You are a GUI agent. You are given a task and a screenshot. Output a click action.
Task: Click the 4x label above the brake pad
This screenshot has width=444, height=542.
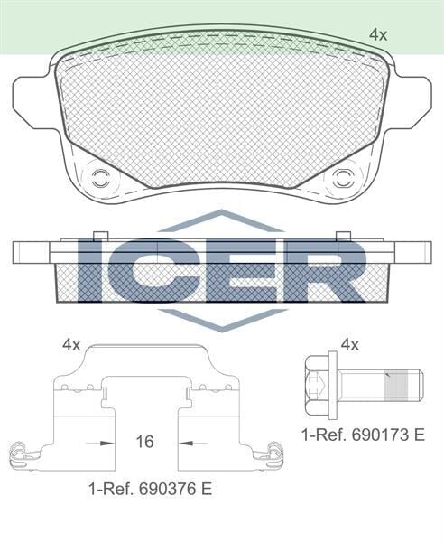click(x=378, y=34)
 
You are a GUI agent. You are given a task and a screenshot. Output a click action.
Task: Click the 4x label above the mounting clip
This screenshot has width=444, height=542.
click(x=71, y=344)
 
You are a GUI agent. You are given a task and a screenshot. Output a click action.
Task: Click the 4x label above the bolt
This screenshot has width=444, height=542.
click(x=351, y=344)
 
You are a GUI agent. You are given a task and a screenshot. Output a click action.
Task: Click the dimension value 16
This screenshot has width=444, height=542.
click(x=143, y=442)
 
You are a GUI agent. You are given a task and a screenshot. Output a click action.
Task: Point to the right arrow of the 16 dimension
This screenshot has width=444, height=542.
click(x=188, y=443)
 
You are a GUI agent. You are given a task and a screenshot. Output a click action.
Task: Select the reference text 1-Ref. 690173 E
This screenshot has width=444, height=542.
click(x=363, y=435)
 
